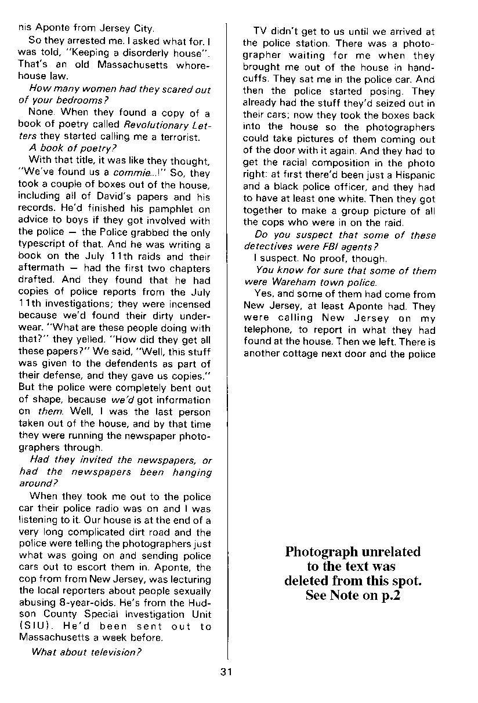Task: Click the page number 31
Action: coord(226,672)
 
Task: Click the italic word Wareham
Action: coord(288,282)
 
